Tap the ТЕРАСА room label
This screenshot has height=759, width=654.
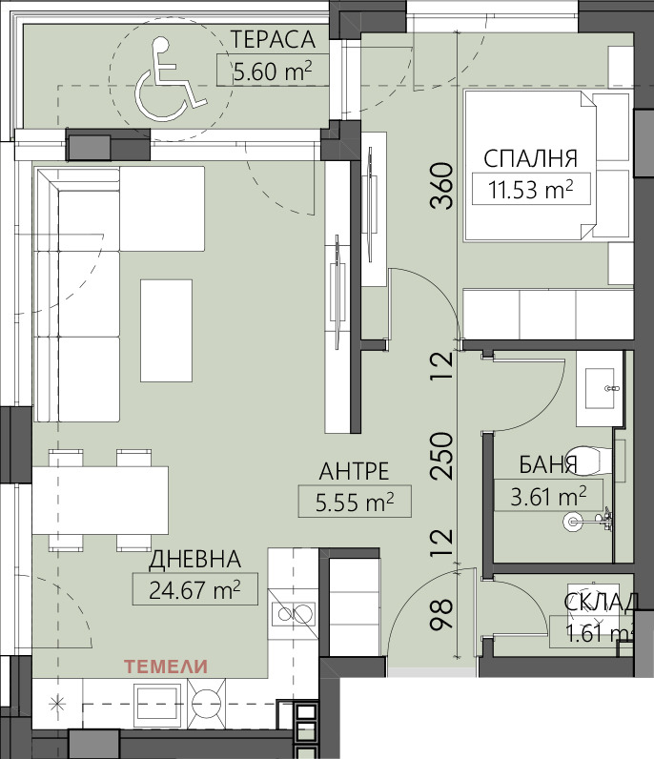273,40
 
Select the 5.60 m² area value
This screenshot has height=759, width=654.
273,72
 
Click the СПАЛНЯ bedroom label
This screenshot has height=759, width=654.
531,159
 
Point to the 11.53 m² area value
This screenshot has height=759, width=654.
530,190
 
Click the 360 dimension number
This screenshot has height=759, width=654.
442,185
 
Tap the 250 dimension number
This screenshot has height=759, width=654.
442,456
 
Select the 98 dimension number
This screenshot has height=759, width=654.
442,615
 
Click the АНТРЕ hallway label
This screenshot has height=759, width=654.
355,471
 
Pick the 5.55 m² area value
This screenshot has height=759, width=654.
355,503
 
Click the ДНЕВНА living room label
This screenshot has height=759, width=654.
194,559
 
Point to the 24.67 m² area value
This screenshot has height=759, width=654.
194,590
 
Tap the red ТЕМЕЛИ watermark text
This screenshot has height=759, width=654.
166,667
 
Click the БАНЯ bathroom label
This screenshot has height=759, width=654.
548,464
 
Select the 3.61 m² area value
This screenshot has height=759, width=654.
548,497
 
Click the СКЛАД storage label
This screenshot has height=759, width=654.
602,603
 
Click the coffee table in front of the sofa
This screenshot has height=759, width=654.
166,331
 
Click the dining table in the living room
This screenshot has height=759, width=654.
100,501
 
